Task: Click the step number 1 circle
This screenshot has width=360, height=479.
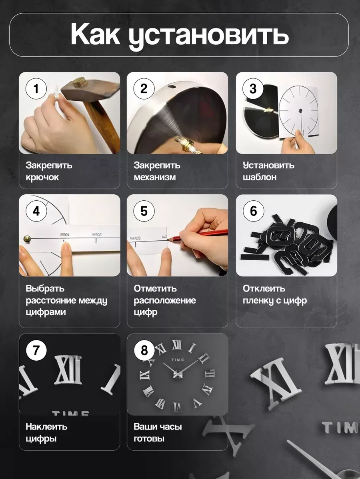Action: (x=36, y=89)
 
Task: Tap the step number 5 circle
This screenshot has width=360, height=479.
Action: (x=144, y=211)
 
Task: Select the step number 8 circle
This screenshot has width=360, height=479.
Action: (x=144, y=350)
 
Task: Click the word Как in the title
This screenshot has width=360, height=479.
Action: (x=95, y=34)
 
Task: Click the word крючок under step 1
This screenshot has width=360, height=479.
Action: (x=42, y=178)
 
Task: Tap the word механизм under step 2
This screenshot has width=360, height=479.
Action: (x=155, y=177)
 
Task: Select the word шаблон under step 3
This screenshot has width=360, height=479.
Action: (x=260, y=177)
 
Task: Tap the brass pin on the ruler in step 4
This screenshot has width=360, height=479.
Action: (x=27, y=238)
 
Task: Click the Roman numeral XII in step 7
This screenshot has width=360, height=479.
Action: (x=68, y=369)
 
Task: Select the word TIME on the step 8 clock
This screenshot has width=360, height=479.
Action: (x=178, y=360)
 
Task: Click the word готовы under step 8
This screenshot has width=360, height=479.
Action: (x=149, y=439)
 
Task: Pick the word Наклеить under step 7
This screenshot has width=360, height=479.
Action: (x=46, y=427)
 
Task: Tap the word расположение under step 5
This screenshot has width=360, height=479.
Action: (x=165, y=301)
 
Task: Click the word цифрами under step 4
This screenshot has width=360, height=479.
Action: (x=46, y=313)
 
